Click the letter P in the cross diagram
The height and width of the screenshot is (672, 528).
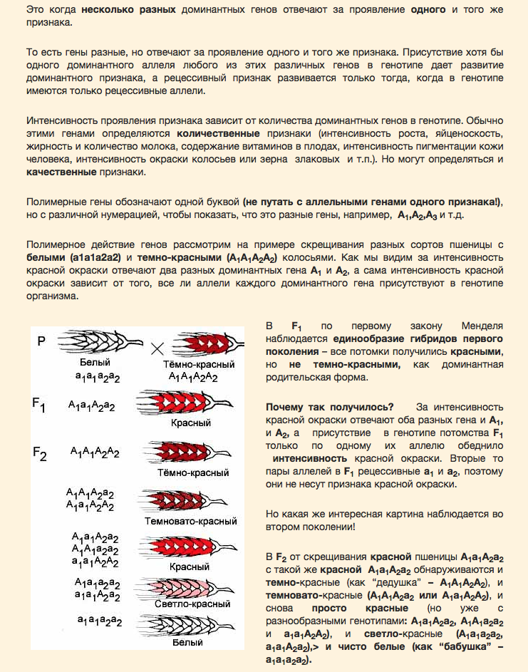[41, 341]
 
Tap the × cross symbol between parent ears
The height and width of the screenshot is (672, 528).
[157, 348]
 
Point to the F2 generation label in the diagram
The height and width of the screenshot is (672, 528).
[39, 453]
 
